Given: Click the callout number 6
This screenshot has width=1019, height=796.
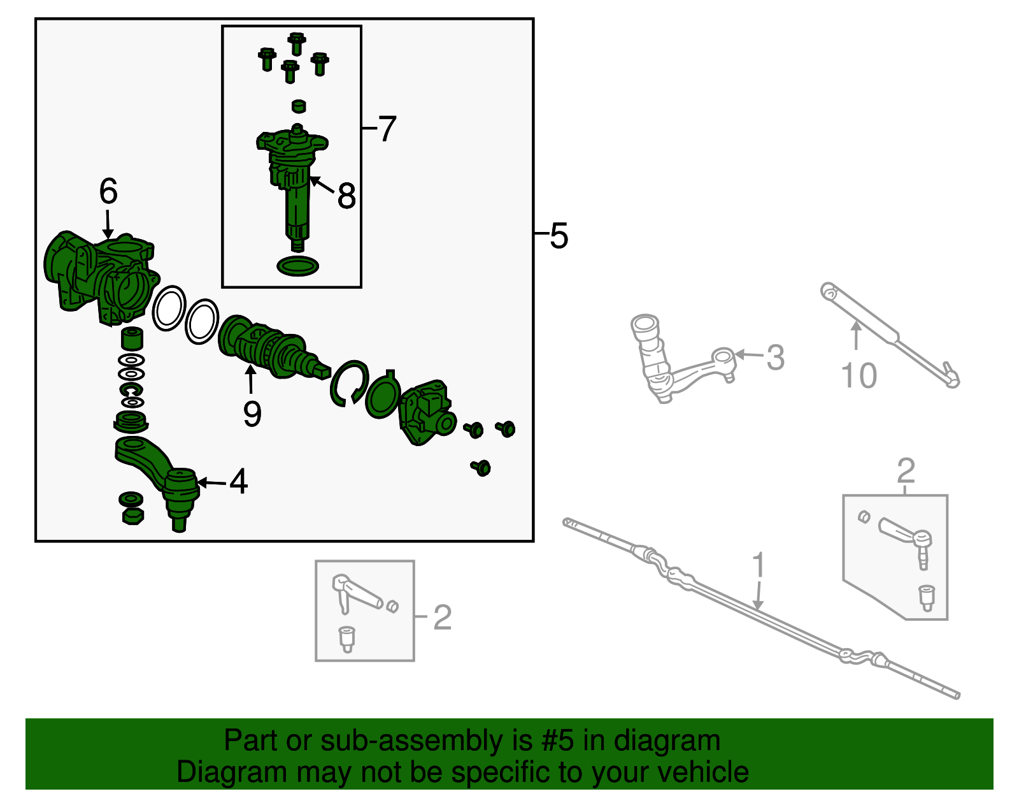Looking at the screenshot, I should point(108,191).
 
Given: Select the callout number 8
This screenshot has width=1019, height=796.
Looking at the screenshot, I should point(346,196).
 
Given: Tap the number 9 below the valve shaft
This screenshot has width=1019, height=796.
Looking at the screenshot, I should point(252,415).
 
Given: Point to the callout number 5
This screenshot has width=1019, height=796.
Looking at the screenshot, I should point(559,236).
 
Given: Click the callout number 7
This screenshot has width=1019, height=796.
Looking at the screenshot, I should point(387,129).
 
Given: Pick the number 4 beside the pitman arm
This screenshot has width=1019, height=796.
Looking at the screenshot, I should point(239,482).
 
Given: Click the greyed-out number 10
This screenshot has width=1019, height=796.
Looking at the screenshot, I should point(859,375).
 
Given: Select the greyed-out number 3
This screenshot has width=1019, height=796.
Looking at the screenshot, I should point(775,358).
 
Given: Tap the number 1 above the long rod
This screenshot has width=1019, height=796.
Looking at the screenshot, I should point(758,565).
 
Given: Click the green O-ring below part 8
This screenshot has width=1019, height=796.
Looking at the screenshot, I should point(297,266).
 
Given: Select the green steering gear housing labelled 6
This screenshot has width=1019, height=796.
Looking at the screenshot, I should point(99,277).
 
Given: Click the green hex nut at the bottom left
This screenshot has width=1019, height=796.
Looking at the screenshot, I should point(132,515).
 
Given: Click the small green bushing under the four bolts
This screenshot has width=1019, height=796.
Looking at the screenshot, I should point(298,106).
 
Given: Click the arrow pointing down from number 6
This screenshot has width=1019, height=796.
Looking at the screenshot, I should point(108,226).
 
